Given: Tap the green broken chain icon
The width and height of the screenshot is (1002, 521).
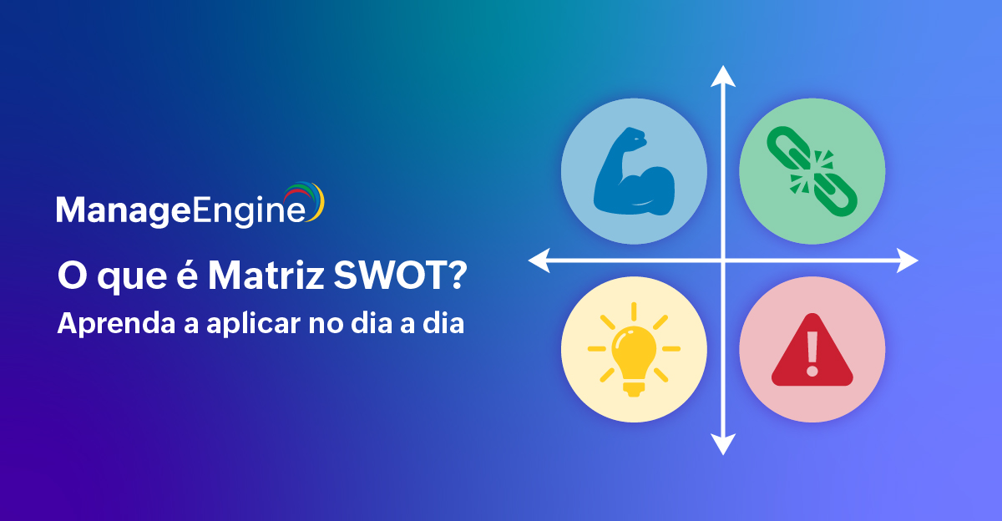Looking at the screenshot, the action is click(812, 171).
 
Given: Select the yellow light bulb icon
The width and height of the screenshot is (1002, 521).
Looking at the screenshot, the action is click(634, 350).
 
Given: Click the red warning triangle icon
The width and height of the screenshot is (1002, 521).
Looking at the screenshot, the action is click(812, 350).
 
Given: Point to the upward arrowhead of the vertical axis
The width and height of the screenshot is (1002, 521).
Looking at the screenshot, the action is click(723, 76).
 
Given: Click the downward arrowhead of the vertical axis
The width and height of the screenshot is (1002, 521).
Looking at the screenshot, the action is click(723, 444).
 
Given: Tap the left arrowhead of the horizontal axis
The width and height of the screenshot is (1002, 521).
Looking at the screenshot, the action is click(539, 260).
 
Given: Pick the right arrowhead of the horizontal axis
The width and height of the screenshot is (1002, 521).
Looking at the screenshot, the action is click(908, 260).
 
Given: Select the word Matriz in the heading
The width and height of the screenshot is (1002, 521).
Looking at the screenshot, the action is click(266, 276).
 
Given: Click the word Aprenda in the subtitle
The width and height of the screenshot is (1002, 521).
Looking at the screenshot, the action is click(116, 324).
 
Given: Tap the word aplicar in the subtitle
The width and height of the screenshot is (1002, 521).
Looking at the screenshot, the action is click(253, 324).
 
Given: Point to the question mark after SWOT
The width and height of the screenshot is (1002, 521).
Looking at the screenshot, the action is click(457, 276).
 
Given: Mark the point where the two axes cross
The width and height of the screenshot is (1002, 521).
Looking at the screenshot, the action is click(723, 260).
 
